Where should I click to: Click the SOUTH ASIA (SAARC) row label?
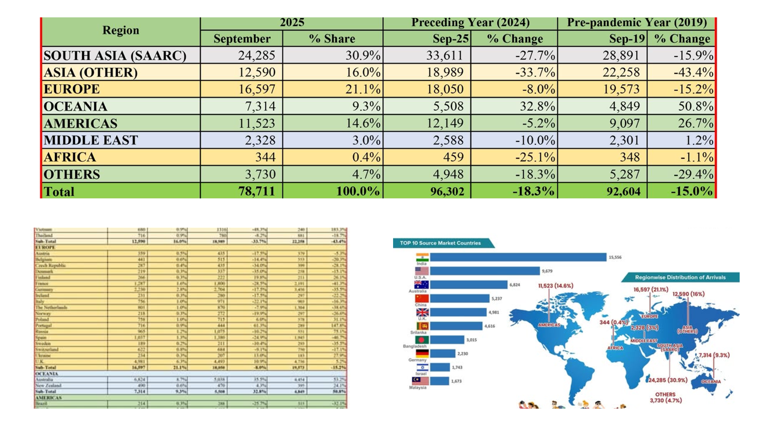(115, 56)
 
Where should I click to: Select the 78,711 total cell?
(256, 191)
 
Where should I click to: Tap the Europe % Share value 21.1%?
(363, 90)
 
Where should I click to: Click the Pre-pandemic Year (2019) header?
(637, 22)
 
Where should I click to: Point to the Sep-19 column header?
(627, 39)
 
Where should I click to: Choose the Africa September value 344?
(265, 157)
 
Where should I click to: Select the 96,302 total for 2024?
(447, 192)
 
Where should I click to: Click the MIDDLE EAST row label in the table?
(91, 140)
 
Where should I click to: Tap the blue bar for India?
(518, 257)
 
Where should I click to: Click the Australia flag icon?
(421, 285)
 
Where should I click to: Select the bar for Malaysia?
(439, 381)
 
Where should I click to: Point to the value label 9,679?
(547, 271)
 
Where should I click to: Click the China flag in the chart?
(421, 298)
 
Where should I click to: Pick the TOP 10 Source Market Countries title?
(440, 243)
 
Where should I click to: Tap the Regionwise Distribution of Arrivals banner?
(680, 277)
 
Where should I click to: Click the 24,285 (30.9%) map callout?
(668, 380)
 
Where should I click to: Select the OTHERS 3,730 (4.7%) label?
(666, 398)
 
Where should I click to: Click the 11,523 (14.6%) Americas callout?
(556, 286)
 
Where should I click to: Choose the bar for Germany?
(442, 353)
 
